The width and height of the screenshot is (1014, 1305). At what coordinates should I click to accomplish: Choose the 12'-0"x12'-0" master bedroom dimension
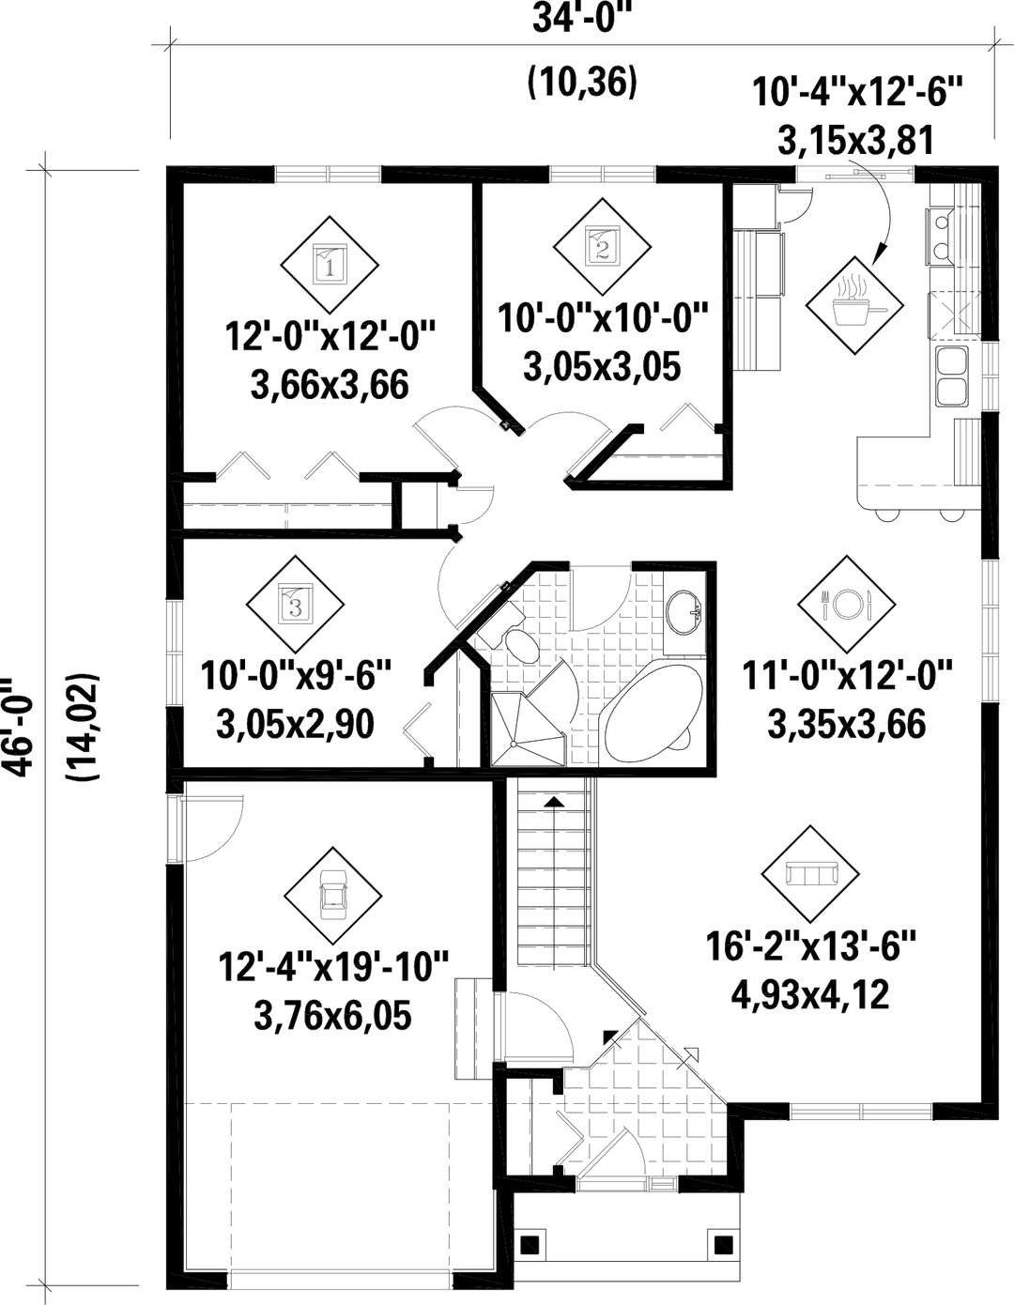click(332, 336)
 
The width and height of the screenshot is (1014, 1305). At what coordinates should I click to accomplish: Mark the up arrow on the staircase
click(555, 804)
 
